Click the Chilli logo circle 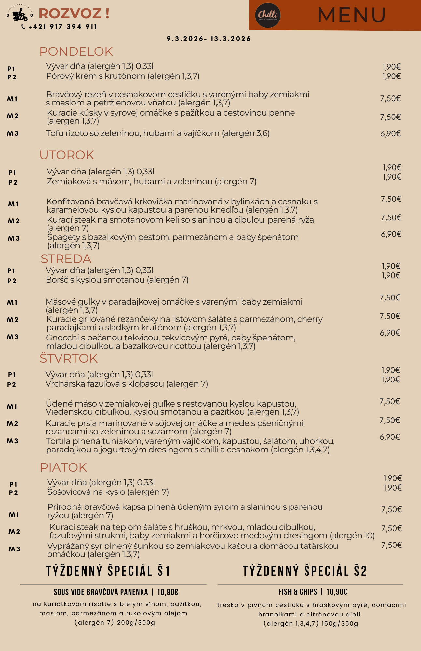(267, 15)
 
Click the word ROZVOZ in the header (70, 14)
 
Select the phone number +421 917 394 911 (62, 27)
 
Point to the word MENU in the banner (351, 15)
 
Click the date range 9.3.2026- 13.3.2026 (209, 39)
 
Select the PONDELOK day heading (76, 52)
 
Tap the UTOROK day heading (67, 155)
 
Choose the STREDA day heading (66, 259)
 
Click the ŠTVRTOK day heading (69, 359)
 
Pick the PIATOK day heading (63, 468)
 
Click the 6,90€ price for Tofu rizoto (390, 133)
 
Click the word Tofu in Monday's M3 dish (54, 133)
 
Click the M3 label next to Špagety (14, 239)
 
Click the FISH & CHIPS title (297, 592)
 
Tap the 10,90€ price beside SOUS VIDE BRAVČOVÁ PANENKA (168, 592)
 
